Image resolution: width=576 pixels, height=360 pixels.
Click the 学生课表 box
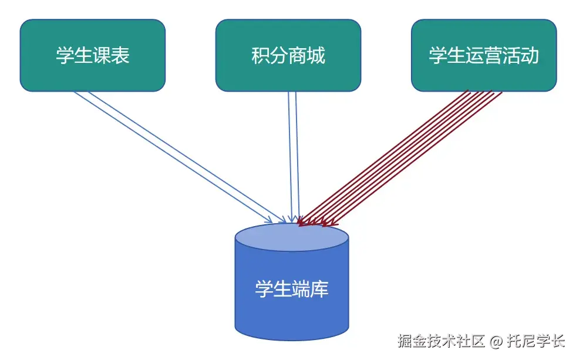point(93,55)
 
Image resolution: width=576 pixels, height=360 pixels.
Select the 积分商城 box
point(288,55)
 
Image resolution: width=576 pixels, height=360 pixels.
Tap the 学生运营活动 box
point(483,55)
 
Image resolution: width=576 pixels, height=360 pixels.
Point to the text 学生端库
point(292,289)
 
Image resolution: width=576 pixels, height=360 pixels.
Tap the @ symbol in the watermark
point(496,341)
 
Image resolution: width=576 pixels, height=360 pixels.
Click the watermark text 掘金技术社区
point(441,341)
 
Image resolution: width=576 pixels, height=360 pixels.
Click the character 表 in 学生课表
point(120,55)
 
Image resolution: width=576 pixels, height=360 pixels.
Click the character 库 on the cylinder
point(319,289)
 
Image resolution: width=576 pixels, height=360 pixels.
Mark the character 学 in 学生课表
point(65,55)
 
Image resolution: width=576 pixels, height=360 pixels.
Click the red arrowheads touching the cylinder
point(317,223)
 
